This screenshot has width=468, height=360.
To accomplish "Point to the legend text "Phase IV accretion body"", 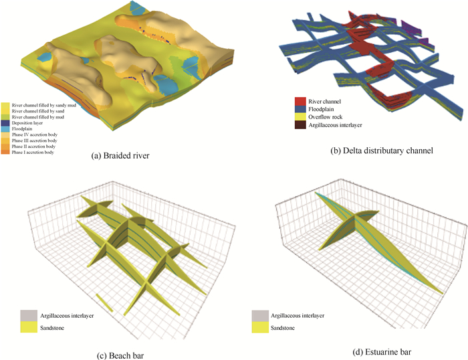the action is (45, 134).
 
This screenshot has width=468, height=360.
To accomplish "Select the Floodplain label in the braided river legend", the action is (31, 128).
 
